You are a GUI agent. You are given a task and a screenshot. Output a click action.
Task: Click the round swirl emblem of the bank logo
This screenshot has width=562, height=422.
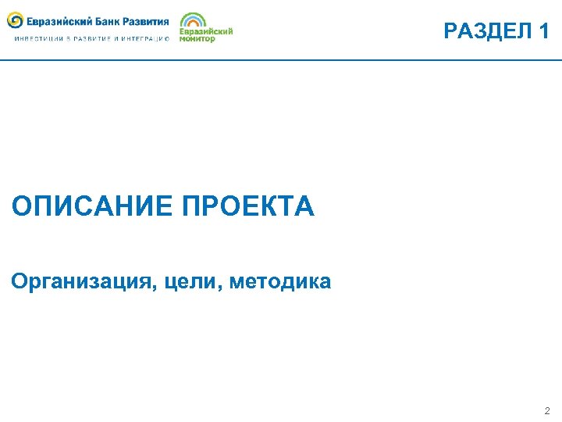[15, 20]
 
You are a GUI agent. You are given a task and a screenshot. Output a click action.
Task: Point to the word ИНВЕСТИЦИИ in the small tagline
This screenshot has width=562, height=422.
[35, 38]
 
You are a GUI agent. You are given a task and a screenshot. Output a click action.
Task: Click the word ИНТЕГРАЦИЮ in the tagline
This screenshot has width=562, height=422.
[146, 38]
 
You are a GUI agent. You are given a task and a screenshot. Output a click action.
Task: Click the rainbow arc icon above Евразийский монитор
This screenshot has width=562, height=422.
[193, 20]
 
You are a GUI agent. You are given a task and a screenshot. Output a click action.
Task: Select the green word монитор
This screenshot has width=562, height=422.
[197, 38]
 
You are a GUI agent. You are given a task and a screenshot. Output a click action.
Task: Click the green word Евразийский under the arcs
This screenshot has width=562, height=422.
[206, 31]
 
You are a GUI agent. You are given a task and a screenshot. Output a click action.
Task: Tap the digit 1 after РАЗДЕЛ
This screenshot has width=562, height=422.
[544, 31]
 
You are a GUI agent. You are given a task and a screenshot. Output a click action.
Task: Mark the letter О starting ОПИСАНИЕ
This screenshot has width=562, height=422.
[22, 207]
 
